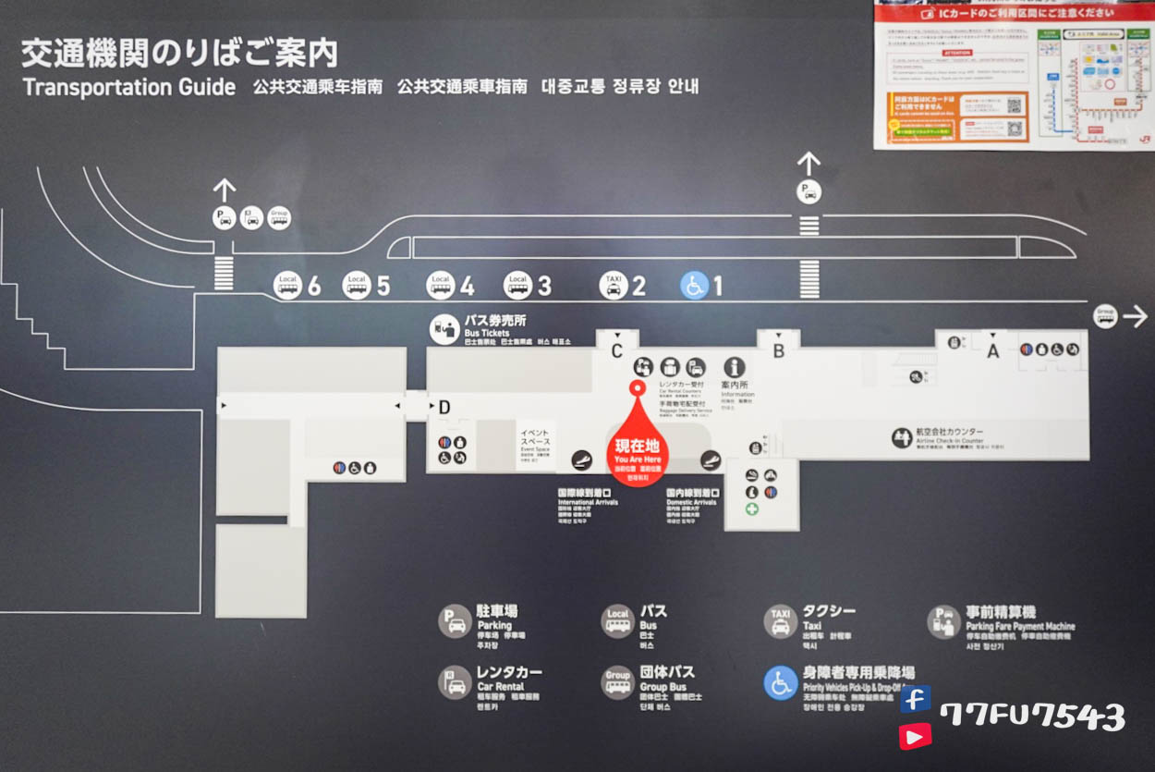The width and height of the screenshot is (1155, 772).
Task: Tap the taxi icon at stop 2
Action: [x=614, y=286]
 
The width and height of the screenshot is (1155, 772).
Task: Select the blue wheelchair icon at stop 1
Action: [x=694, y=286]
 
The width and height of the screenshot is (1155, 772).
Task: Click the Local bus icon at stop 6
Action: [x=288, y=286]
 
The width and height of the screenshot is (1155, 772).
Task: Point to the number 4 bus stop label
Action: [x=467, y=287]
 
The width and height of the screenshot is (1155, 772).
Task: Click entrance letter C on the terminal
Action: [x=616, y=350]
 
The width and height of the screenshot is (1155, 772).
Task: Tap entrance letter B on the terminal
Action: [x=779, y=350]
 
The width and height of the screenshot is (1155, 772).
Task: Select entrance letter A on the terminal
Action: [x=993, y=350]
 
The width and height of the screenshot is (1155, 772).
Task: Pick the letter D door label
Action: [x=444, y=407]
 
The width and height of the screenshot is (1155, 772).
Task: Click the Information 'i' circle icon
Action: [x=735, y=367]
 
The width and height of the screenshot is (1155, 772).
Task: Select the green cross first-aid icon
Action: [x=752, y=509]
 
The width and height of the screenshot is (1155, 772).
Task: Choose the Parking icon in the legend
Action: [x=456, y=621]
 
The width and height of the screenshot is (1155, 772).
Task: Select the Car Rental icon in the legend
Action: [x=456, y=682]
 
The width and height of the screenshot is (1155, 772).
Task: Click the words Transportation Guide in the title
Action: [x=129, y=88]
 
